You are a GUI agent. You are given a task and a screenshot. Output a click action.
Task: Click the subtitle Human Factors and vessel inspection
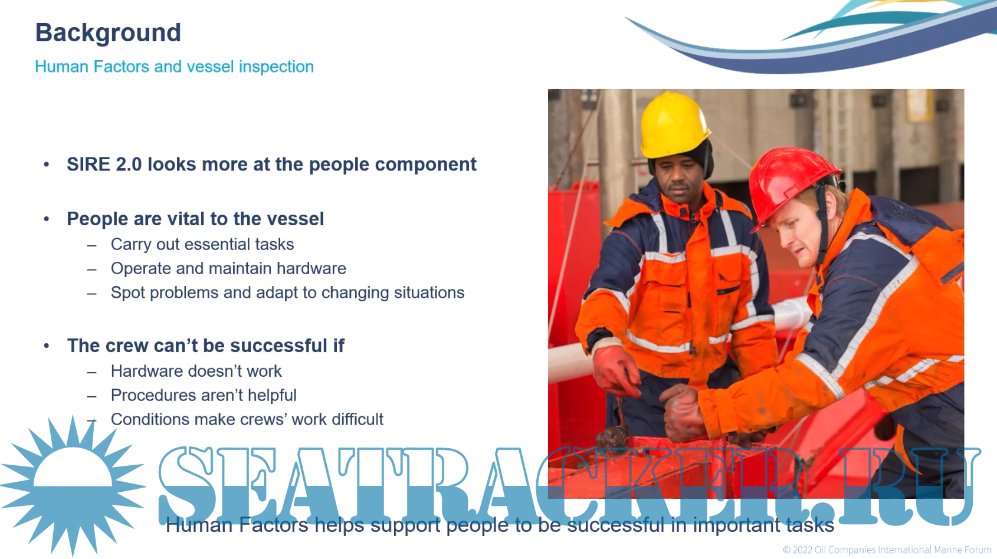point(175,67)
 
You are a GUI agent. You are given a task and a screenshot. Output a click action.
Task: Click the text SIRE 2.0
point(104,165)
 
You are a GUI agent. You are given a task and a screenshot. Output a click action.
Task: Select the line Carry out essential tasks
point(202,245)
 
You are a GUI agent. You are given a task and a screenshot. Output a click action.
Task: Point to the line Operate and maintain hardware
point(228,269)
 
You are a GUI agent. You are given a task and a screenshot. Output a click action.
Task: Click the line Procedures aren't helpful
point(204,395)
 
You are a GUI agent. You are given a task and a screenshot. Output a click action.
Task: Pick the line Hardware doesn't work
point(196,371)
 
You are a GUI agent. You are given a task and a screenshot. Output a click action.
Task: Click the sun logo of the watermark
point(73,486)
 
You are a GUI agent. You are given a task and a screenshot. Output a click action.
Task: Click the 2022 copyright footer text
point(887,550)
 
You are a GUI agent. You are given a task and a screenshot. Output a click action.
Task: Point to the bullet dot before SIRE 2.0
point(47,165)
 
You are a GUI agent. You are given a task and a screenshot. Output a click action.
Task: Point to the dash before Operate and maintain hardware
point(91,269)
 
